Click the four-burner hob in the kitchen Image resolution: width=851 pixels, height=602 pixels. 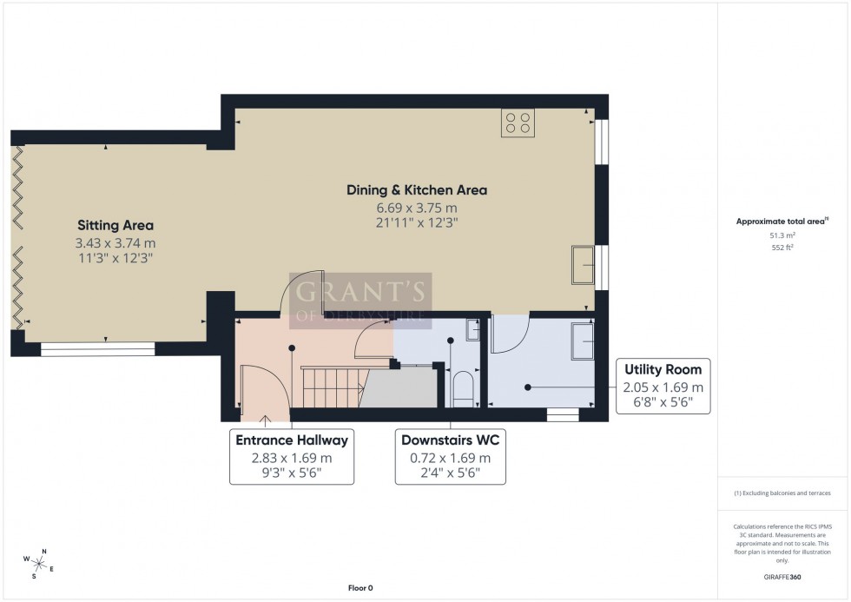(x=517, y=122)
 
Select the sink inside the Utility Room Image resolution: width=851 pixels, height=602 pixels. (x=581, y=340)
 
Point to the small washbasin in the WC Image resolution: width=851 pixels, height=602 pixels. (x=473, y=330)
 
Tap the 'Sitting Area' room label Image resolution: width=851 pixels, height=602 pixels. (x=115, y=225)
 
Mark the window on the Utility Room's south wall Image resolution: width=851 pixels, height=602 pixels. (x=562, y=413)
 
